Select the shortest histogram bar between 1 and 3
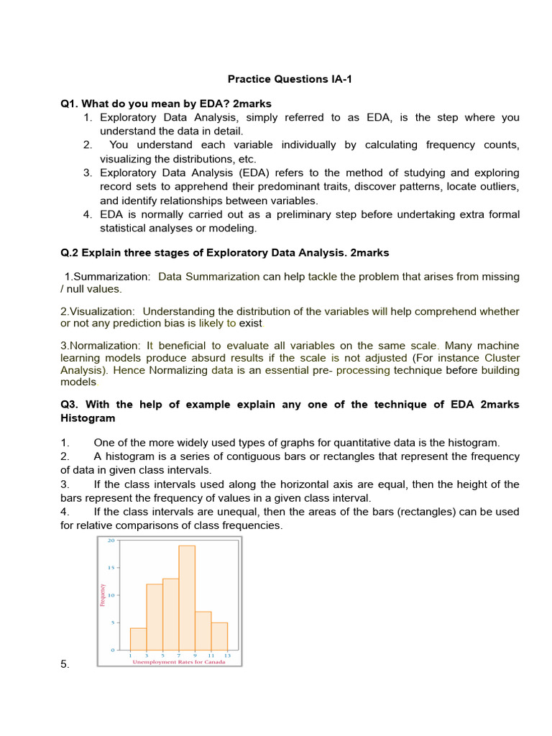[x=138, y=639]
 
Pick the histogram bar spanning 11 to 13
[x=219, y=636]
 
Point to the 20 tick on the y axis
[x=111, y=540]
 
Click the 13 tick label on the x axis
[x=228, y=655]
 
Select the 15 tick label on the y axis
[x=111, y=568]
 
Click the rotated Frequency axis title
[x=103, y=595]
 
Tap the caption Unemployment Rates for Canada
[x=179, y=663]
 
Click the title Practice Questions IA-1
[x=287, y=79]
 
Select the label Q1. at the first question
[x=70, y=104]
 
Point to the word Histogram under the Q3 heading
[x=88, y=418]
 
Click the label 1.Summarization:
[x=108, y=277]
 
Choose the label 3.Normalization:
[x=101, y=346]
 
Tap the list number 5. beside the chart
[x=65, y=665]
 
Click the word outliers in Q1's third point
[x=497, y=187]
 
